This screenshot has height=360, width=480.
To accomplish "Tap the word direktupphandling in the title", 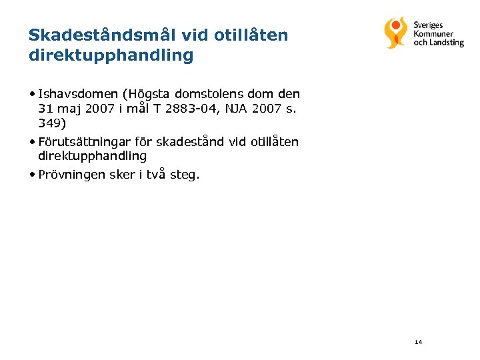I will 111,55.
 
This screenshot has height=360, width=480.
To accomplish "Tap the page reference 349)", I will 52,123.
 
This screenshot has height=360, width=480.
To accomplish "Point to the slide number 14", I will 418,342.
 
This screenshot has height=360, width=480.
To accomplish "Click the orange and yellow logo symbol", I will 395,33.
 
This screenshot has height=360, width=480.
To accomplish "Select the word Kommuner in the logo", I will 433,34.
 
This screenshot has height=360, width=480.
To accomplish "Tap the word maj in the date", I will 68,109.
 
